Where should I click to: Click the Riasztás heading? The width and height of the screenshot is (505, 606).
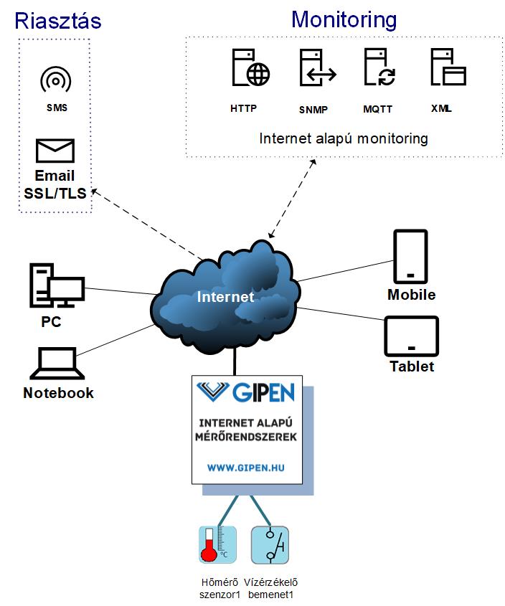pyautogui.click(x=58, y=21)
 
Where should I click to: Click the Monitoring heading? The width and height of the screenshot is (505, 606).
pyautogui.click(x=344, y=19)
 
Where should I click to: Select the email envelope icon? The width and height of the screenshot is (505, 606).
pyautogui.click(x=55, y=151)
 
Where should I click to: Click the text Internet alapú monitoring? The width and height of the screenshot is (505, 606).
pyautogui.click(x=344, y=138)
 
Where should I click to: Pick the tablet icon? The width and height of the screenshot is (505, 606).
pyautogui.click(x=411, y=336)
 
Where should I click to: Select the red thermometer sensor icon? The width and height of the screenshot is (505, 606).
pyautogui.click(x=217, y=544)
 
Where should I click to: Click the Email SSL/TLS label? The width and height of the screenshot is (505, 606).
pyautogui.click(x=55, y=184)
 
